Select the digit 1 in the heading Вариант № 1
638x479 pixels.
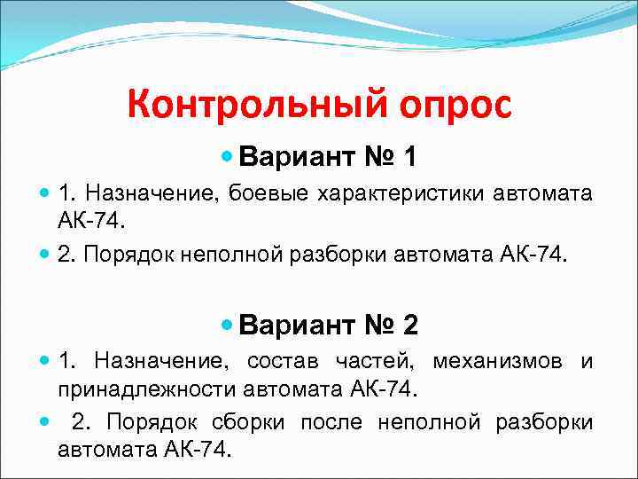click(x=408, y=158)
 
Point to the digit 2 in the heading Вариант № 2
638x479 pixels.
click(x=409, y=326)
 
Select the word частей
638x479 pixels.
click(x=378, y=362)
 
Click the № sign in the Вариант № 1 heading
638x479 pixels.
click(x=370, y=158)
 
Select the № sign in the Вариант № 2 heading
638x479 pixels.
click(x=370, y=326)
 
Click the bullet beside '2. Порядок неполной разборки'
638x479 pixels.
click(x=45, y=255)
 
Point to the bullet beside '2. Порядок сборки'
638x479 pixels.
click(x=45, y=422)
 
